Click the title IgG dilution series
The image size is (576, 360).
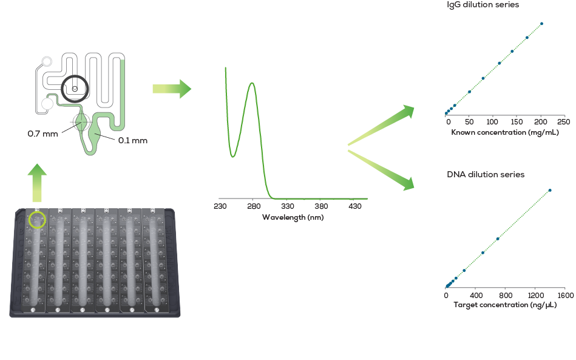[x=483, y=5]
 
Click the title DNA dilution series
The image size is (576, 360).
[x=486, y=175]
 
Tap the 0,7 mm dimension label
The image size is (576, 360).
[x=42, y=134]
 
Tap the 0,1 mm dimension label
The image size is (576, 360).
[x=132, y=140]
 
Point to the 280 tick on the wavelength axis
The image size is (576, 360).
[x=254, y=206]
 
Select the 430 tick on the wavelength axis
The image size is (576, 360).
[x=354, y=206]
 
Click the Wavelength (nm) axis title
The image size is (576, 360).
[x=293, y=217]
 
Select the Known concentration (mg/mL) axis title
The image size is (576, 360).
[x=505, y=132]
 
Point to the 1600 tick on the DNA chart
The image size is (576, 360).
[x=565, y=296]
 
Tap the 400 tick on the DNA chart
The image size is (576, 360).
[x=476, y=296]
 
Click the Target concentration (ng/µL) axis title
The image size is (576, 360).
[x=505, y=305]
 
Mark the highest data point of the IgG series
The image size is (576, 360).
[x=541, y=24]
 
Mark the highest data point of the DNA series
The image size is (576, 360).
[x=550, y=190]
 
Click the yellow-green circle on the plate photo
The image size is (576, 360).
[x=37, y=219]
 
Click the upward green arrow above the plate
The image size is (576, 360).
[x=37, y=182]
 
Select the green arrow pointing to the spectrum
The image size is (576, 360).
[x=172, y=89]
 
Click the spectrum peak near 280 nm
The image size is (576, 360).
[x=252, y=83]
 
